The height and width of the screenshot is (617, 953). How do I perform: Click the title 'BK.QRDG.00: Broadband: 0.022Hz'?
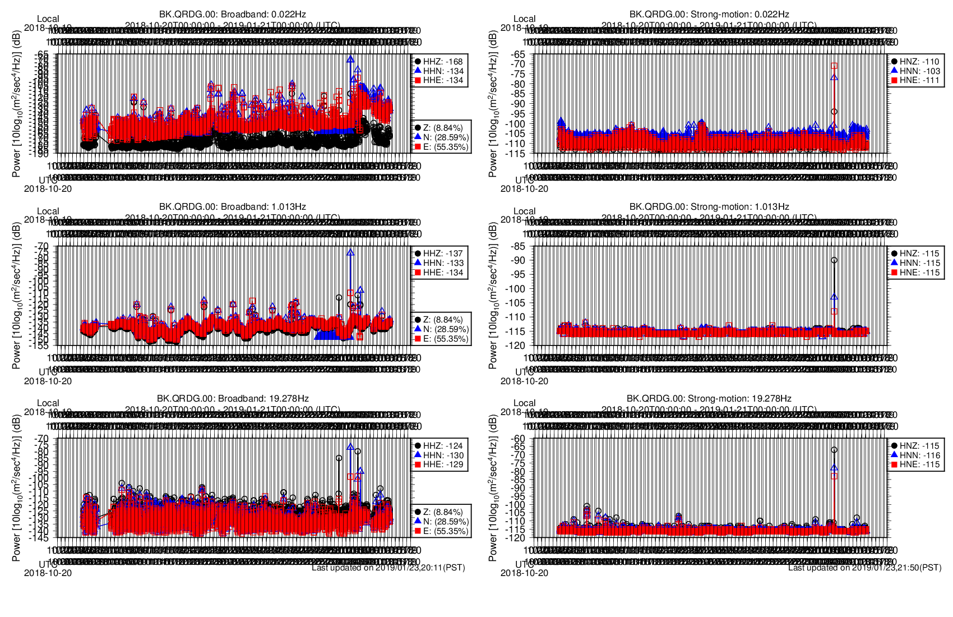(x=233, y=14)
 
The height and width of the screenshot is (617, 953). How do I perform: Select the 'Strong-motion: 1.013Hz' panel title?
(x=709, y=206)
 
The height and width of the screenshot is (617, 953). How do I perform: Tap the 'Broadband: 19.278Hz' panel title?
(x=233, y=398)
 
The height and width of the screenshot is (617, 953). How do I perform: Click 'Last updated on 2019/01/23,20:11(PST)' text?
(x=388, y=568)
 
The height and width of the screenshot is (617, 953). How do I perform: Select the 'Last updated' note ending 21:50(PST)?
(x=865, y=568)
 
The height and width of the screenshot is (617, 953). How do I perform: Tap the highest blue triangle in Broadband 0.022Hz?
(x=350, y=59)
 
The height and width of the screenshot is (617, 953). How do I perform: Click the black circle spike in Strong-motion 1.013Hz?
(x=834, y=260)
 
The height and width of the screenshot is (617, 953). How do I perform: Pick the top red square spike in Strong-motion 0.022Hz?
(x=834, y=66)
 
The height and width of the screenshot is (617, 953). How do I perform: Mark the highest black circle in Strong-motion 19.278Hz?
(x=834, y=450)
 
